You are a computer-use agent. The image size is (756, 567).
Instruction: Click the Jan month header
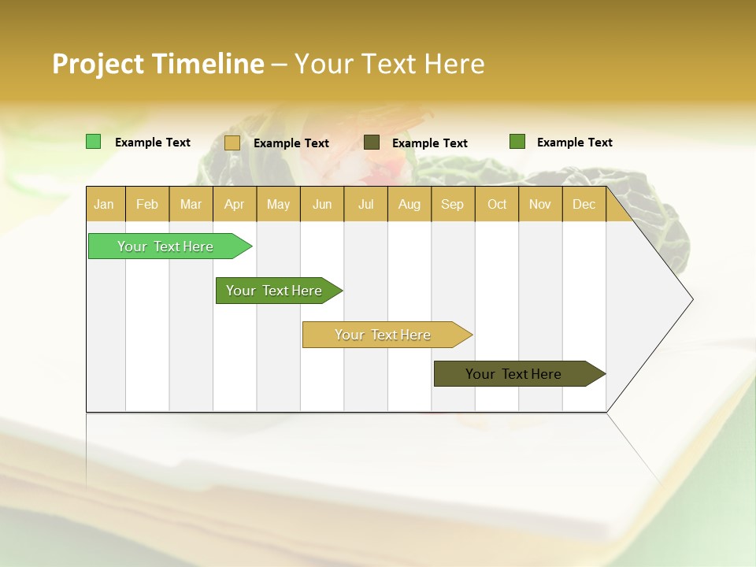104,204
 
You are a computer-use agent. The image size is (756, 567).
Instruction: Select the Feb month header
147,204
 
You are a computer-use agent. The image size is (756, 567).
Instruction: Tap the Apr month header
234,204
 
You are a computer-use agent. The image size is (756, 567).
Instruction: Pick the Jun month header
322,204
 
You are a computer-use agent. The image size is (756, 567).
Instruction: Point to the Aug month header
409,204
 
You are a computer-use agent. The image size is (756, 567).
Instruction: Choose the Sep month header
452,204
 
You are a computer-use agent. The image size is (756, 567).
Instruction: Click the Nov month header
540,204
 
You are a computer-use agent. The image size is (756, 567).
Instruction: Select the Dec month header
584,204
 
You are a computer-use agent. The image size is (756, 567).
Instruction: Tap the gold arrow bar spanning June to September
384,335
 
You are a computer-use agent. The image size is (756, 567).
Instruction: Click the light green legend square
93,142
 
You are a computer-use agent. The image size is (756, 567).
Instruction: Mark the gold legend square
232,143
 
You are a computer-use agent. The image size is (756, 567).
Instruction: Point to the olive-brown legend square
372,142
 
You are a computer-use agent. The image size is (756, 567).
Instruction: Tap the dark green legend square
517,142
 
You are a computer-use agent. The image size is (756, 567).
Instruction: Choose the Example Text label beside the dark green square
574,143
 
